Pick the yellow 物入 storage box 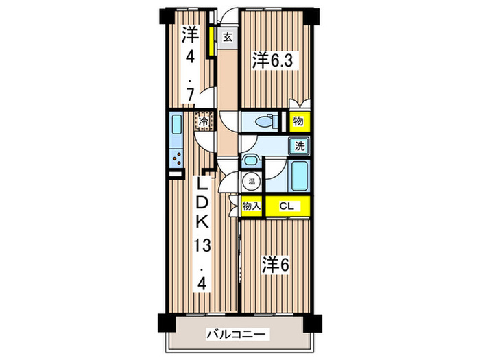pos(251,205)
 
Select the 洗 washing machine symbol pos(299,145)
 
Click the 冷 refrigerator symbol pos(204,122)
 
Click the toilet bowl pos(263,122)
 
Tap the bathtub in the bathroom pos(300,177)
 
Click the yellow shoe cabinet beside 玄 pos(213,41)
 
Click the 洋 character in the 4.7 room pos(190,35)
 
